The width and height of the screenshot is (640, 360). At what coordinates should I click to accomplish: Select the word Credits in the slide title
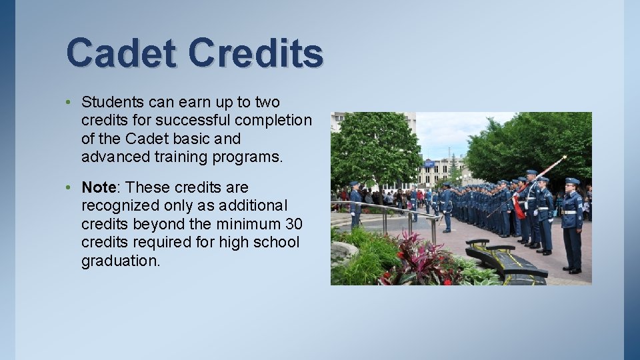click(255, 53)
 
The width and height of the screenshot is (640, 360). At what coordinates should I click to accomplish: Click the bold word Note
click(98, 187)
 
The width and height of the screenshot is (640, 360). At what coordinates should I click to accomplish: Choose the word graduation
click(121, 261)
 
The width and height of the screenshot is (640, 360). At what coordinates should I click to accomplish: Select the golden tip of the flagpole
click(563, 158)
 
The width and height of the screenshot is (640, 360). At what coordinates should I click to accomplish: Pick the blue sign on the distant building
click(429, 163)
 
